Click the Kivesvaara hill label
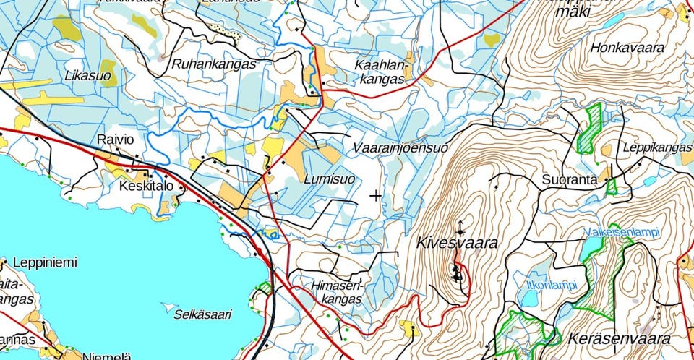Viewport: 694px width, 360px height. click(x=457, y=244)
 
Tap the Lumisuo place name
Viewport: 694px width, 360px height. click(x=329, y=178)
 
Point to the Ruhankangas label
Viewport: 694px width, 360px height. click(x=214, y=64)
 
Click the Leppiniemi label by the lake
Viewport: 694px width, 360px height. click(x=45, y=262)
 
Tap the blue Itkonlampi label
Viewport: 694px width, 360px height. click(x=552, y=284)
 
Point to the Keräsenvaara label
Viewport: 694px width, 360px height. click(x=619, y=338)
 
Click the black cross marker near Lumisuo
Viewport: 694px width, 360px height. click(x=375, y=195)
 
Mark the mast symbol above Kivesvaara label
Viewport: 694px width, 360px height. click(x=460, y=225)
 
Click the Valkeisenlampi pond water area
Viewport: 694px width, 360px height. click(x=591, y=249)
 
